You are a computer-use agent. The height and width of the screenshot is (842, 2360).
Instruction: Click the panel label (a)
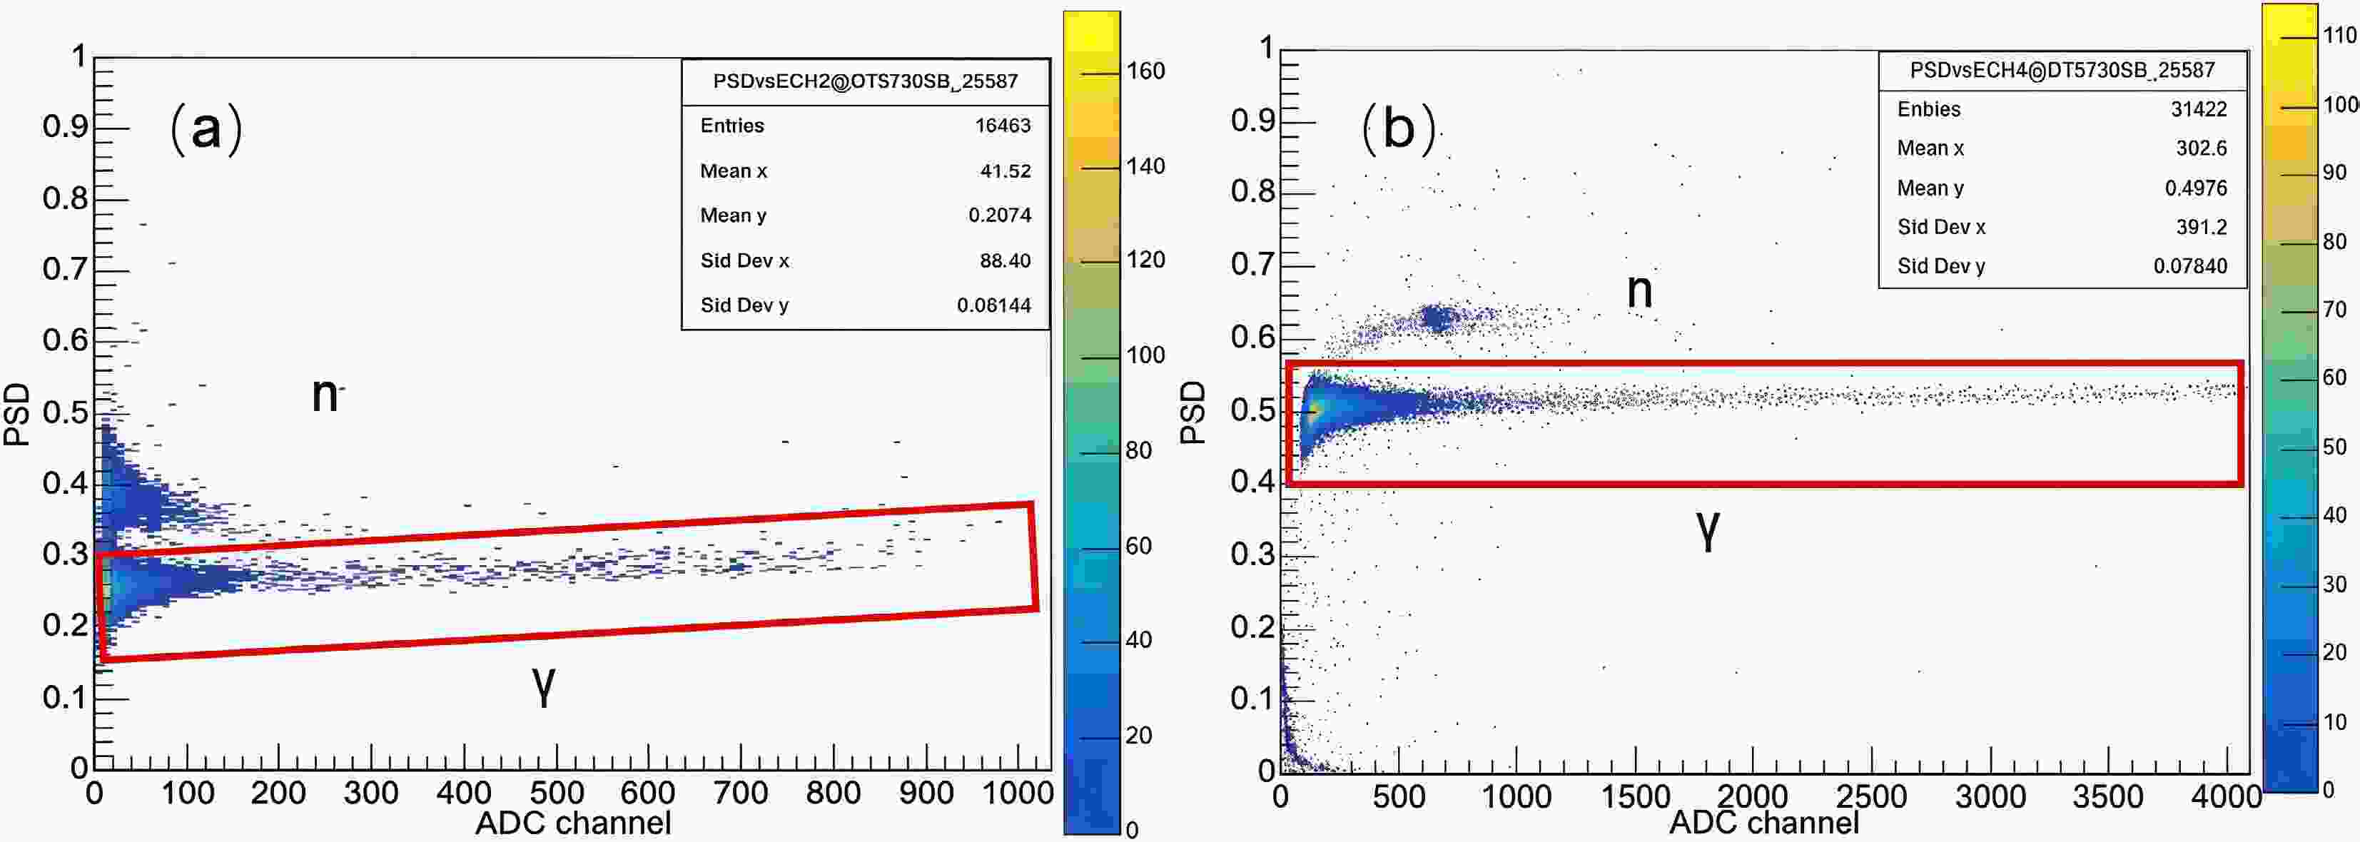(206, 128)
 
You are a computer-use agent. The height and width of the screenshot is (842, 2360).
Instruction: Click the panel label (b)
(1398, 127)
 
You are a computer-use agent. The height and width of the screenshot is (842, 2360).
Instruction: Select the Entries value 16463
(1002, 126)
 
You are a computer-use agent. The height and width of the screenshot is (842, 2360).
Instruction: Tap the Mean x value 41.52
(1005, 171)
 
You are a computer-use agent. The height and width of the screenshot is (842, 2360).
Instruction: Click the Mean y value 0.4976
(2195, 188)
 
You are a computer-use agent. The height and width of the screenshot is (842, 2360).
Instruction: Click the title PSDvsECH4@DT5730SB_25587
(2061, 70)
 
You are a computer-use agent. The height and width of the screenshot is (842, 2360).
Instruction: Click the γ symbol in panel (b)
(1708, 528)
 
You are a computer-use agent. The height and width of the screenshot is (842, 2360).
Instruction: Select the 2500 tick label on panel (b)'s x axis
(1870, 796)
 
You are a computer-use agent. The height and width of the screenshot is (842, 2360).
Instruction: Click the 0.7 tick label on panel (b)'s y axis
(1252, 264)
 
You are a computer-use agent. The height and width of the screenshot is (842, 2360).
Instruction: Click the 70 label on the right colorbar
(2334, 309)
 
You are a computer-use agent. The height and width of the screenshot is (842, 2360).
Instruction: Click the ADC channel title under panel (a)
(572, 823)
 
